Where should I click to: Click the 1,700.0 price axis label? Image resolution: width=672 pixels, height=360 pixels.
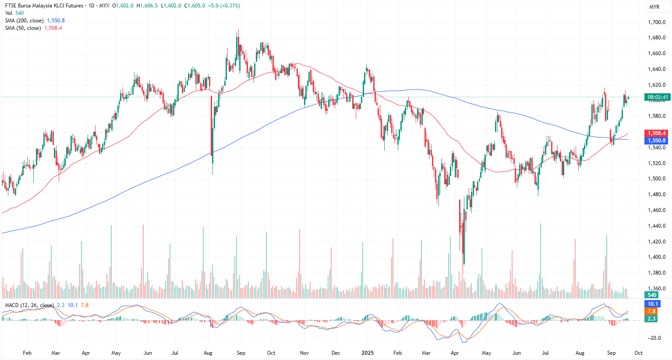point(657,22)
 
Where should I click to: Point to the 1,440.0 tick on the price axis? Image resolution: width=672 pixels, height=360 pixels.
point(657,226)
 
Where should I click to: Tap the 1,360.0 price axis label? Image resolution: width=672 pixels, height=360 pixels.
point(657,289)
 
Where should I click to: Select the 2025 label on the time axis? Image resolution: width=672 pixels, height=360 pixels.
point(368,353)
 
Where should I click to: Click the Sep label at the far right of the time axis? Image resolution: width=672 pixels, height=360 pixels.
point(612,353)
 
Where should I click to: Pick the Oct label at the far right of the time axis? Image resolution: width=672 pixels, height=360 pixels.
point(639,353)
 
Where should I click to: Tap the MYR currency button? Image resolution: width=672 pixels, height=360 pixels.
point(654,7)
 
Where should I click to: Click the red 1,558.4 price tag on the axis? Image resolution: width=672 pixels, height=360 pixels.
point(657,133)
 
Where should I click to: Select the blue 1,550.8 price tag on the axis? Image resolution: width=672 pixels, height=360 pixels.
point(657,141)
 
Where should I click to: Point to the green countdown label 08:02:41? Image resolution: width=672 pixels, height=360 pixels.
point(658,97)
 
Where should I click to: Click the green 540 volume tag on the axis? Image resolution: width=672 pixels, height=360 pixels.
point(652,295)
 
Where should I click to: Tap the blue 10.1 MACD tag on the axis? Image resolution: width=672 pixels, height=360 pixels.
point(653,304)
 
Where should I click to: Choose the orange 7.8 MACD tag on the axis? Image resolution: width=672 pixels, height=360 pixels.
point(652,311)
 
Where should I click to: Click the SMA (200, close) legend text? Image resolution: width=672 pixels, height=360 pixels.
point(24,21)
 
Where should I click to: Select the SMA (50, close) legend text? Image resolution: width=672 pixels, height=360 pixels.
point(23,28)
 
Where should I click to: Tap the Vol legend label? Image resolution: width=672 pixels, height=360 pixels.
point(9,13)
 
